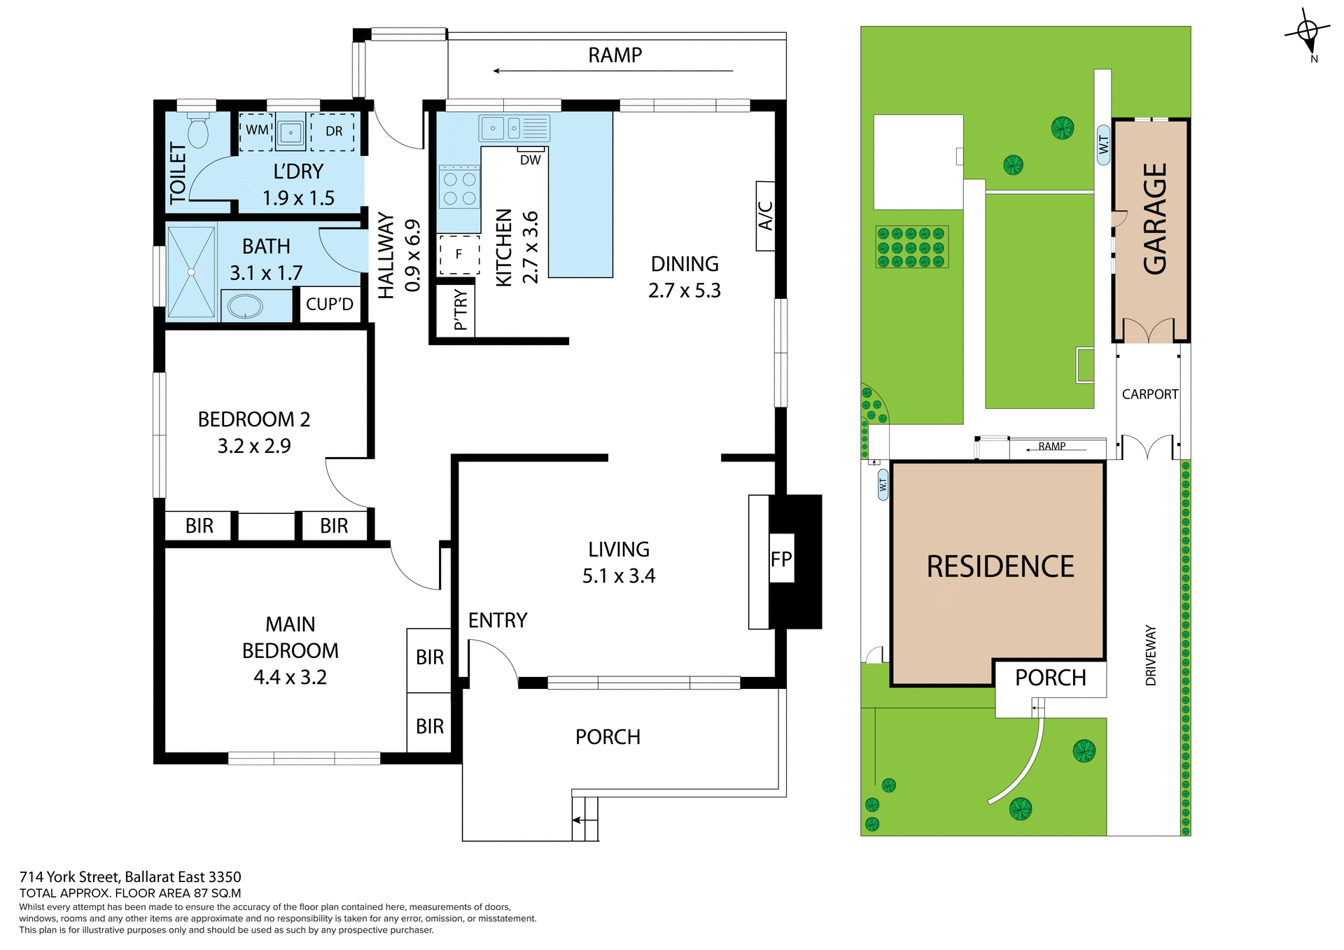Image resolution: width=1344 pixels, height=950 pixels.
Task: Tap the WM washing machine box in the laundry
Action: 256,131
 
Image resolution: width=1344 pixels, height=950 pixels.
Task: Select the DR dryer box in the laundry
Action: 334,132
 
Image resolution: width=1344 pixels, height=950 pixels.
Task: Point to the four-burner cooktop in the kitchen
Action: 459,188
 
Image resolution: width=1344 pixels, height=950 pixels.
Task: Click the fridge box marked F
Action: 459,254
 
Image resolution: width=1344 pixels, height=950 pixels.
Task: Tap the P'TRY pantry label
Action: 460,310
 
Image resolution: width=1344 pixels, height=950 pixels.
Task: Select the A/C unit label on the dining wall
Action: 766,216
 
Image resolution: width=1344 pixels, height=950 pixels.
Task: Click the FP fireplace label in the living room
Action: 781,559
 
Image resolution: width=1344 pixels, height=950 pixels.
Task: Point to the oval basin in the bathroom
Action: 245,306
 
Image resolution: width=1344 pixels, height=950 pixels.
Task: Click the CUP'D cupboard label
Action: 330,305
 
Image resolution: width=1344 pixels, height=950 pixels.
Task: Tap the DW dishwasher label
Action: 531,160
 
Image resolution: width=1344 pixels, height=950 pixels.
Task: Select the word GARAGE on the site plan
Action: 1155,218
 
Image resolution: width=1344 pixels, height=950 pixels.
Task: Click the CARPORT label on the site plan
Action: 1149,394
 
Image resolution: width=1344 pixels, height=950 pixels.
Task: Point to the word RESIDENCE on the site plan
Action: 1000,566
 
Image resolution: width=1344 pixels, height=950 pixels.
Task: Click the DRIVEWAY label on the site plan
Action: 1151,655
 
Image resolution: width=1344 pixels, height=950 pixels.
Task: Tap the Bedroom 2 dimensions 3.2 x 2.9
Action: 254,446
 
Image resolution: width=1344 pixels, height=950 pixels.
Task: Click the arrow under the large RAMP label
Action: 613,71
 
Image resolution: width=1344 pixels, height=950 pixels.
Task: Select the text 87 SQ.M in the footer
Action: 218,893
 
